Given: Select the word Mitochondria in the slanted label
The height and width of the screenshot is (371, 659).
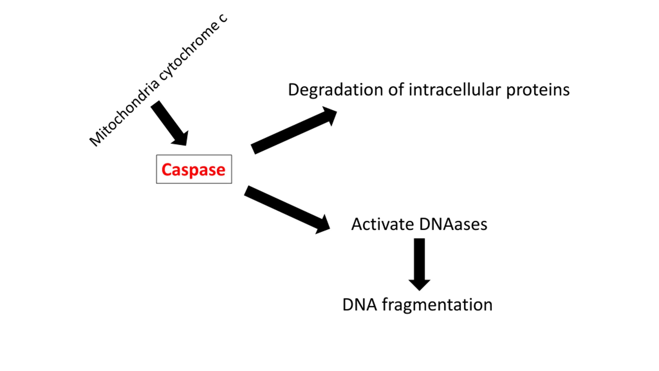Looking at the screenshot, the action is (124, 113).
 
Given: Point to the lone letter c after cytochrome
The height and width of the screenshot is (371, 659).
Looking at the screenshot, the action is (223, 18).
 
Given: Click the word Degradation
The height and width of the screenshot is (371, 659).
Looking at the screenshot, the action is (336, 90).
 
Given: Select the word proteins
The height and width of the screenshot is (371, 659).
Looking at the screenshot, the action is (538, 90).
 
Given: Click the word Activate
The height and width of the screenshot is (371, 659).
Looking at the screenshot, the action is (383, 224).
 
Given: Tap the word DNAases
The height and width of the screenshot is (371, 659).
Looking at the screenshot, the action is (453, 224).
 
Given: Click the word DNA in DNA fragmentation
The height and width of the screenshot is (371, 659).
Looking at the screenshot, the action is (360, 305).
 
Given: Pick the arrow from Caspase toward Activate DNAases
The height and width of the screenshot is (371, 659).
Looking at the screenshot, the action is (287, 210).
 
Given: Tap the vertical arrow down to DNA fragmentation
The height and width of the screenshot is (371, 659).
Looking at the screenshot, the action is (419, 264).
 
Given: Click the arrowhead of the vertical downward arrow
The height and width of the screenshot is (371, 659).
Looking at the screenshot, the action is (419, 285).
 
